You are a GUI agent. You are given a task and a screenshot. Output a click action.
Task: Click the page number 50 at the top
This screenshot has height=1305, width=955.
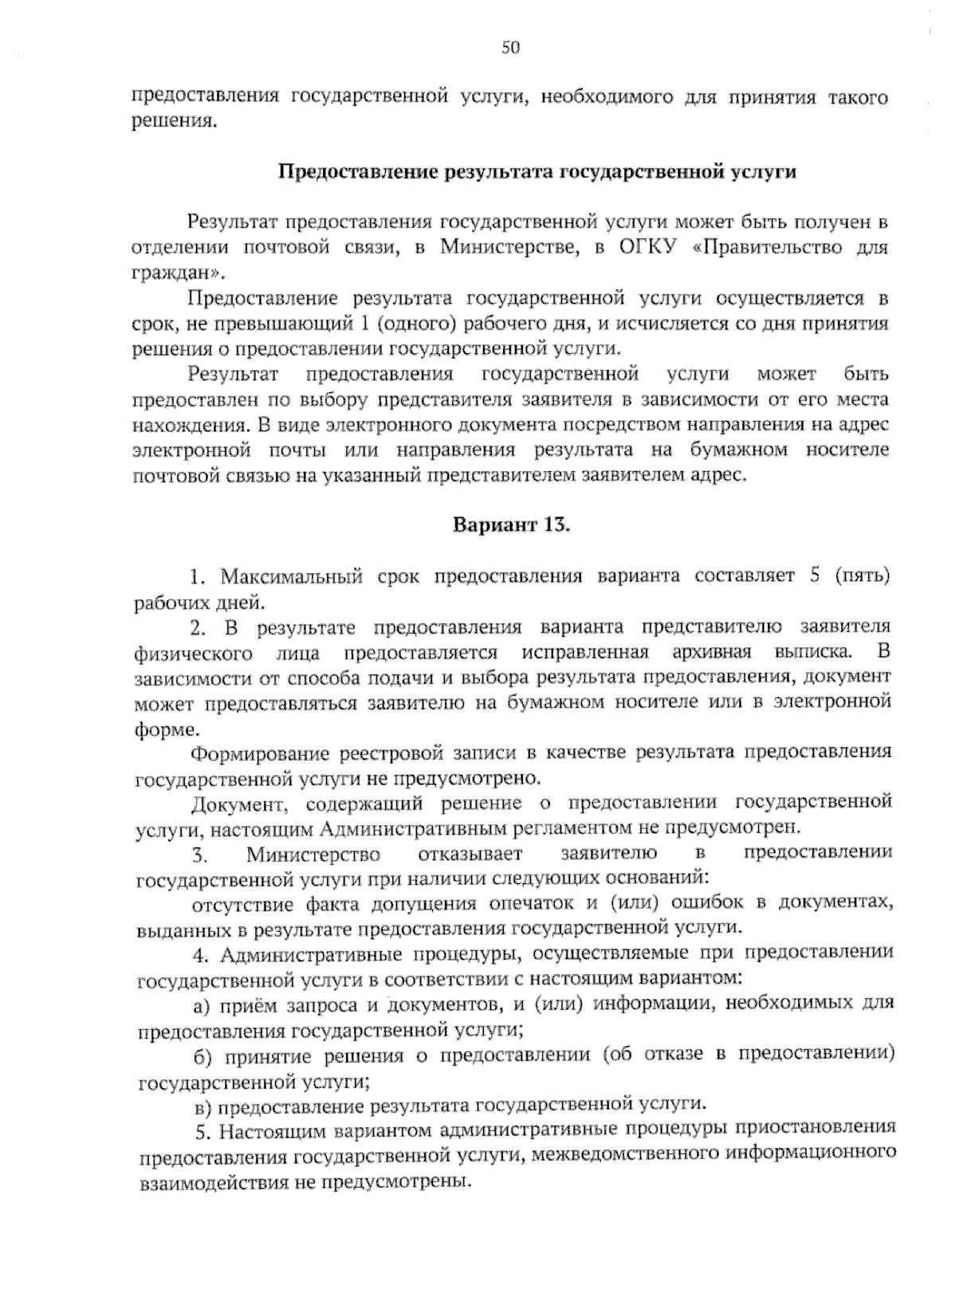click(x=510, y=48)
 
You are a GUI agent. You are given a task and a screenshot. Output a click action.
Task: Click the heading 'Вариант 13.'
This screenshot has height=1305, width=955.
click(x=513, y=525)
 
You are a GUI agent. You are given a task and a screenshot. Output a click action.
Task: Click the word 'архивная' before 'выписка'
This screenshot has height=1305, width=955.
click(x=722, y=653)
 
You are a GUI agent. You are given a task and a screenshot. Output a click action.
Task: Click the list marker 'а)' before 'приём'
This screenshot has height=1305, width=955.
click(x=201, y=1005)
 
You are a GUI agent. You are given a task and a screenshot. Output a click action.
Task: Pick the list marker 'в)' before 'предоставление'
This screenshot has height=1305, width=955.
click(x=202, y=1106)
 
